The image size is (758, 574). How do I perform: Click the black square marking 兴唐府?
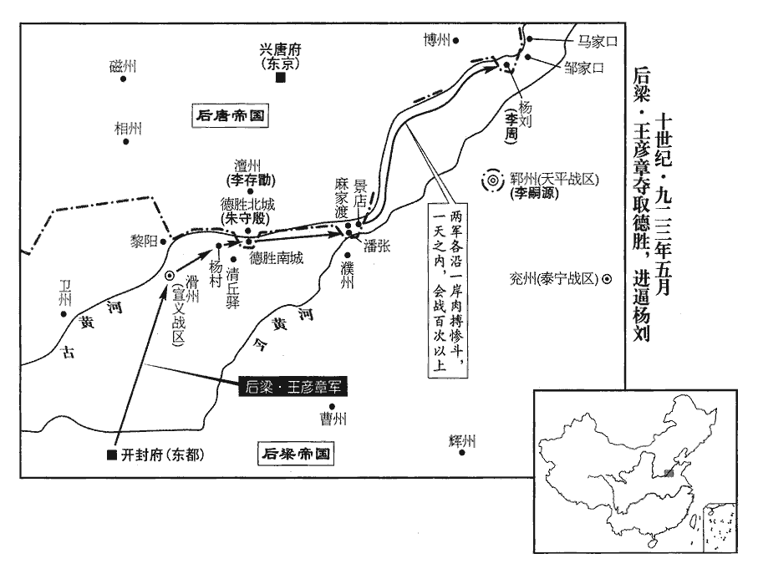pyautogui.click(x=281, y=78)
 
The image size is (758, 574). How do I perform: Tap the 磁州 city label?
pyautogui.click(x=122, y=67)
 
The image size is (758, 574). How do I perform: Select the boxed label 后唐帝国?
pyautogui.click(x=229, y=116)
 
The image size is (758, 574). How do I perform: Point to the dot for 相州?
pyautogui.click(x=126, y=142)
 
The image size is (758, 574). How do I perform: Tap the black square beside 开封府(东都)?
pyautogui.click(x=111, y=455)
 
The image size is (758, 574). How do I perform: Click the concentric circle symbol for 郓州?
pyautogui.click(x=493, y=180)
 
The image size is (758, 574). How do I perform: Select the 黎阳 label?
pyautogui.click(x=143, y=240)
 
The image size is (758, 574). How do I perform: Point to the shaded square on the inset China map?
pyautogui.click(x=668, y=473)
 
